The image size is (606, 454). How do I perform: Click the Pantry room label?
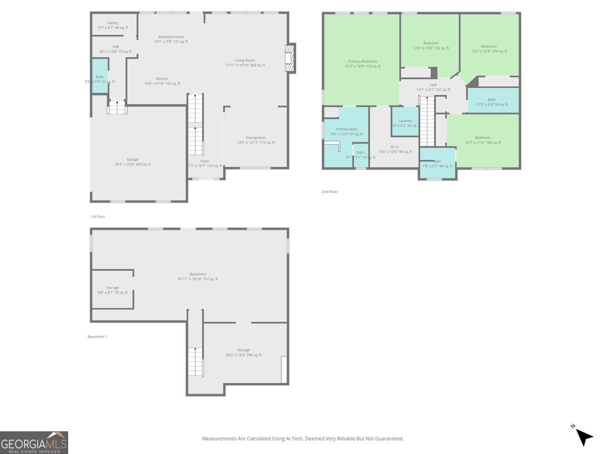coord(113,23)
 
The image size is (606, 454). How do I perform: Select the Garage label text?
coord(132,159)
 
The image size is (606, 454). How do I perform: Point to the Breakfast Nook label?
coord(171,37)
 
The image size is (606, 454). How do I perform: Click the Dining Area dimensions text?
coord(256,143)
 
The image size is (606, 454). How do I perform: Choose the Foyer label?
coord(205,161)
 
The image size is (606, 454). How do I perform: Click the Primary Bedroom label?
coord(362,62)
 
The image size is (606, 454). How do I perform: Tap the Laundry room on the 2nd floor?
coord(405,121)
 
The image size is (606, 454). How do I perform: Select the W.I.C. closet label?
coord(394,147)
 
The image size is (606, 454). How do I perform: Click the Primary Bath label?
coord(346,129)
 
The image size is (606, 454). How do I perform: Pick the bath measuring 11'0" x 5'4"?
coord(491,100)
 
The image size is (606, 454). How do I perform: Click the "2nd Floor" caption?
coord(329,192)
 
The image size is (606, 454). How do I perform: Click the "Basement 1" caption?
coord(97,336)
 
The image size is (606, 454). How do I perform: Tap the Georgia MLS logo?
coord(34,442)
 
